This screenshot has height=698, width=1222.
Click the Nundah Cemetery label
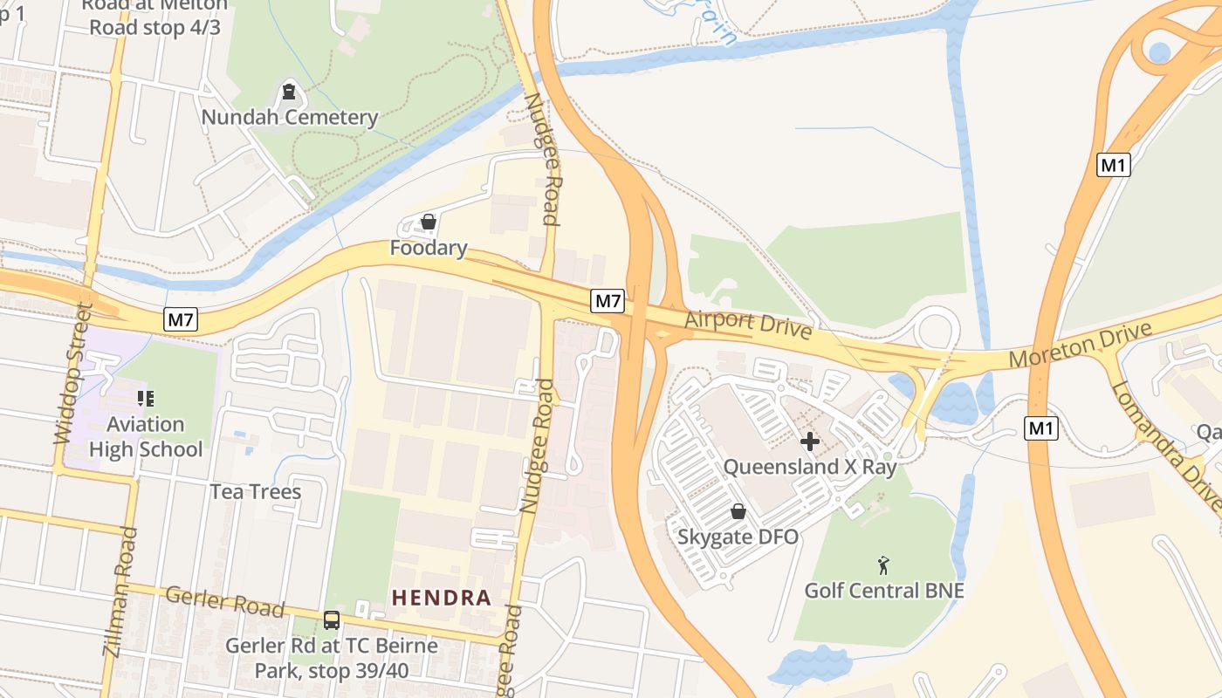pyautogui.click(x=290, y=117)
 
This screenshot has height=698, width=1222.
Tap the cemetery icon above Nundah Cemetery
pyautogui.click(x=289, y=91)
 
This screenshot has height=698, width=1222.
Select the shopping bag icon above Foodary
pyautogui.click(x=429, y=222)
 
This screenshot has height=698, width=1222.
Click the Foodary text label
pyautogui.click(x=429, y=248)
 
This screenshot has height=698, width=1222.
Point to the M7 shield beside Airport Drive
pyautogui.click(x=608, y=302)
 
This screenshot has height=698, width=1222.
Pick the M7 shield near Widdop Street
pyautogui.click(x=181, y=319)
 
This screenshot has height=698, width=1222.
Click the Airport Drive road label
pyautogui.click(x=748, y=325)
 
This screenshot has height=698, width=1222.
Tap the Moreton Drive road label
pyautogui.click(x=1081, y=346)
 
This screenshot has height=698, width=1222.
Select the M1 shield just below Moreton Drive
pyautogui.click(x=1041, y=428)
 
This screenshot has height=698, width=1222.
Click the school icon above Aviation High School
pyautogui.click(x=146, y=399)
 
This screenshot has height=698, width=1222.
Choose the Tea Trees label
pyautogui.click(x=255, y=491)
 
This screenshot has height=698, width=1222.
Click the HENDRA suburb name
pyautogui.click(x=441, y=598)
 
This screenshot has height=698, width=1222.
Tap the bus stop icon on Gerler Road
pyautogui.click(x=332, y=620)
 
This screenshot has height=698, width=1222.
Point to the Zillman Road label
pyautogui.click(x=120, y=603)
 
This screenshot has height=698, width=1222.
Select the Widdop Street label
pyautogui.click(x=72, y=373)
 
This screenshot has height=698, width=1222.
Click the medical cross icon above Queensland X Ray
pyautogui.click(x=810, y=441)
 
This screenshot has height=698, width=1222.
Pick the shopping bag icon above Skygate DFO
pyautogui.click(x=738, y=511)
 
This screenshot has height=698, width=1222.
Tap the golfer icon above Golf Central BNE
pyautogui.click(x=883, y=565)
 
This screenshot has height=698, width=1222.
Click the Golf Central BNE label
pyautogui.click(x=883, y=591)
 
